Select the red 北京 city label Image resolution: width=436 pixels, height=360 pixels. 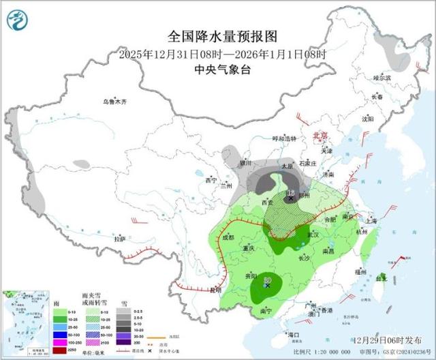click(320, 136)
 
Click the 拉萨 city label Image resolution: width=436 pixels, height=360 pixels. click(120, 239)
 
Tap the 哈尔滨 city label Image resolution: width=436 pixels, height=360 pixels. click(382, 78)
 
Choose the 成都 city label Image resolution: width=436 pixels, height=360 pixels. click(228, 237)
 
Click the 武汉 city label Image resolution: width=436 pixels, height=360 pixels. click(313, 235)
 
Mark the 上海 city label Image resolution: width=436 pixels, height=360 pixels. click(371, 221)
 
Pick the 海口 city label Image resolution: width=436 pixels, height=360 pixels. click(294, 335)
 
